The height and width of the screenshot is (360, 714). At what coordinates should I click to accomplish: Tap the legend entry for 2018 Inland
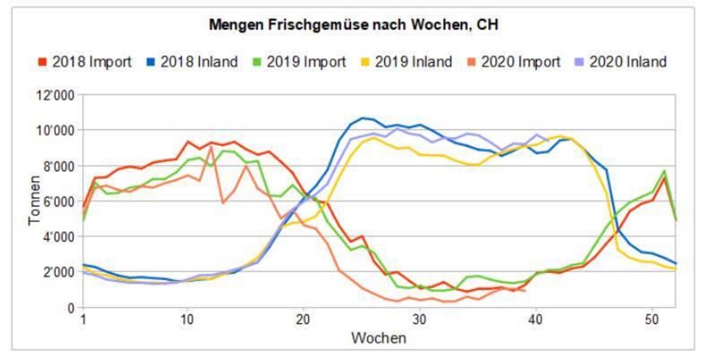pyautogui.click(x=193, y=61)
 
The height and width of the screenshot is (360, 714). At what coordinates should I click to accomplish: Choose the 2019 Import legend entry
pyautogui.click(x=300, y=61)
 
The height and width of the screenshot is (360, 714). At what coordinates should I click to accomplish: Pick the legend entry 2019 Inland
pyautogui.click(x=407, y=61)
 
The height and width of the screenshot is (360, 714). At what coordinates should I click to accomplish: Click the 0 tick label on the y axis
pyautogui.click(x=71, y=308)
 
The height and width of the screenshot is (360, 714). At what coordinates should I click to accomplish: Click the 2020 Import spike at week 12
pyautogui.click(x=211, y=147)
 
